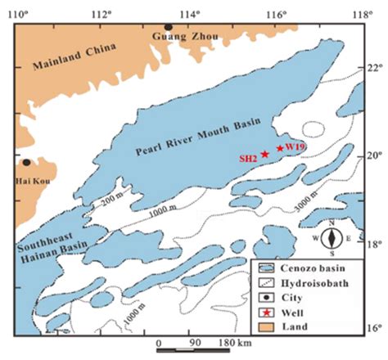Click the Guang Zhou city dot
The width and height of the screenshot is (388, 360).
(168, 27)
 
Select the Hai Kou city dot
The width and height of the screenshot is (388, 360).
(27, 163)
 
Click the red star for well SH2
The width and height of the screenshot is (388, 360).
(264, 154)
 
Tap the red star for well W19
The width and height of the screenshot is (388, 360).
(280, 148)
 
